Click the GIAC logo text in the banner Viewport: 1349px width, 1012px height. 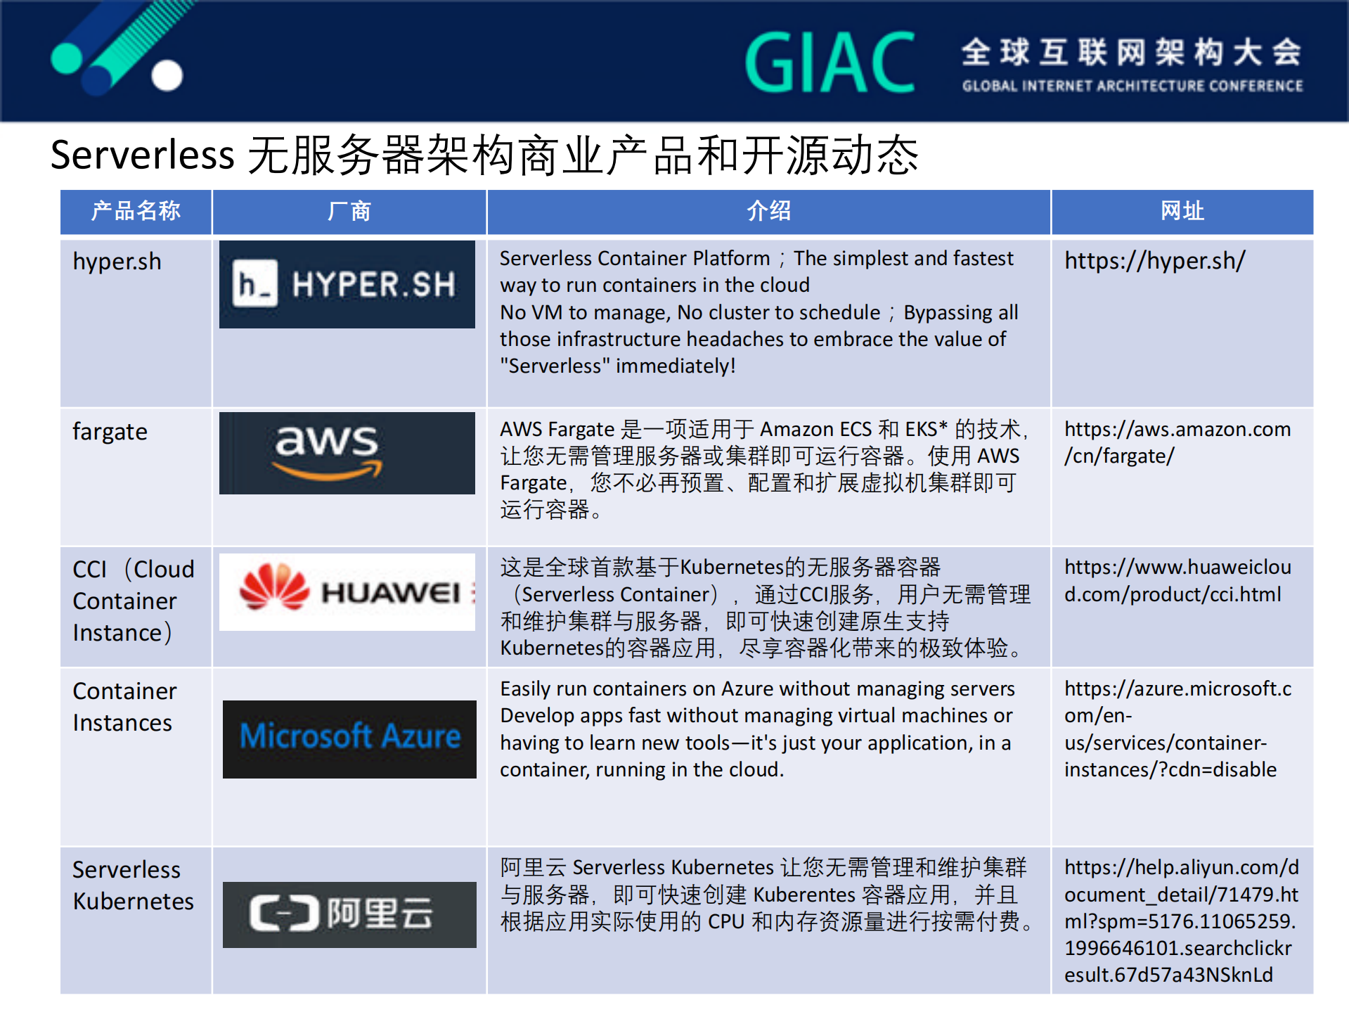click(830, 63)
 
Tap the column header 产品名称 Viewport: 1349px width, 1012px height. click(136, 211)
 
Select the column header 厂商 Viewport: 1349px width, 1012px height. click(349, 211)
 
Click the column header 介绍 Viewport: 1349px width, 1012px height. click(768, 211)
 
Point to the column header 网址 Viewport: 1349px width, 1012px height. click(1182, 211)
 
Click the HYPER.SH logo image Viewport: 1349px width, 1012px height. click(347, 284)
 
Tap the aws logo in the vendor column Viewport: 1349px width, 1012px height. click(347, 453)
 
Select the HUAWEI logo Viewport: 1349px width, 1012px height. click(347, 591)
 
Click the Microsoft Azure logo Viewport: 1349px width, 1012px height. click(349, 738)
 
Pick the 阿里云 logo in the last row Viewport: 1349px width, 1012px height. click(349, 914)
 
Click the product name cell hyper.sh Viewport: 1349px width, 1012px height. click(117, 262)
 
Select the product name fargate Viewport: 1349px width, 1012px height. click(110, 432)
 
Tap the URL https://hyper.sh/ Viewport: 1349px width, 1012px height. click(1154, 262)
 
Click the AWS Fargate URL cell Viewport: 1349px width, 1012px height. click(1177, 442)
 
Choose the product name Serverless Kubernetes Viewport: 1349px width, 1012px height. click(133, 885)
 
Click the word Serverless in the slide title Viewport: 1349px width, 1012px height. click(143, 155)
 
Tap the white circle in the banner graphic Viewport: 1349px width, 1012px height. click(167, 75)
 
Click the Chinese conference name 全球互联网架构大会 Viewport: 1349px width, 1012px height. click(1132, 52)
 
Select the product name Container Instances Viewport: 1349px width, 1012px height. click(124, 707)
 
